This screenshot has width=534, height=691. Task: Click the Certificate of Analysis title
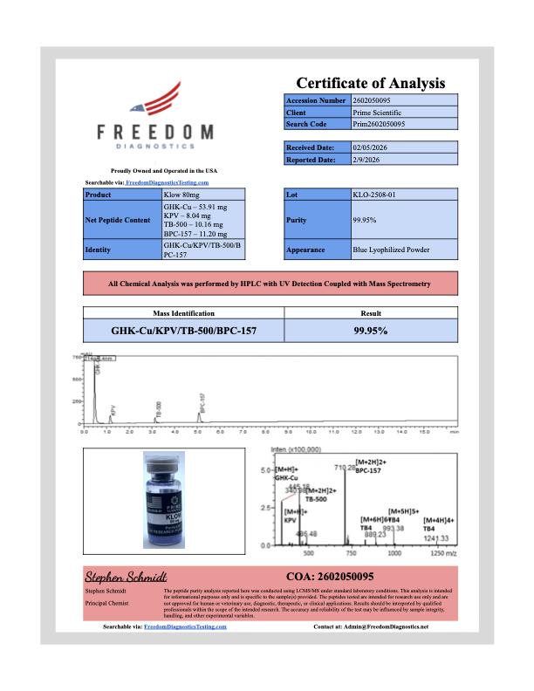[371, 83]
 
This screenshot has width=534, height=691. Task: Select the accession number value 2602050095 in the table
[377, 101]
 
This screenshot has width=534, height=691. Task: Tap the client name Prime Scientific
[378, 113]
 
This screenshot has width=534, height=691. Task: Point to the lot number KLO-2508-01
[377, 195]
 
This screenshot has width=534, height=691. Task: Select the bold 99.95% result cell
[370, 331]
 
